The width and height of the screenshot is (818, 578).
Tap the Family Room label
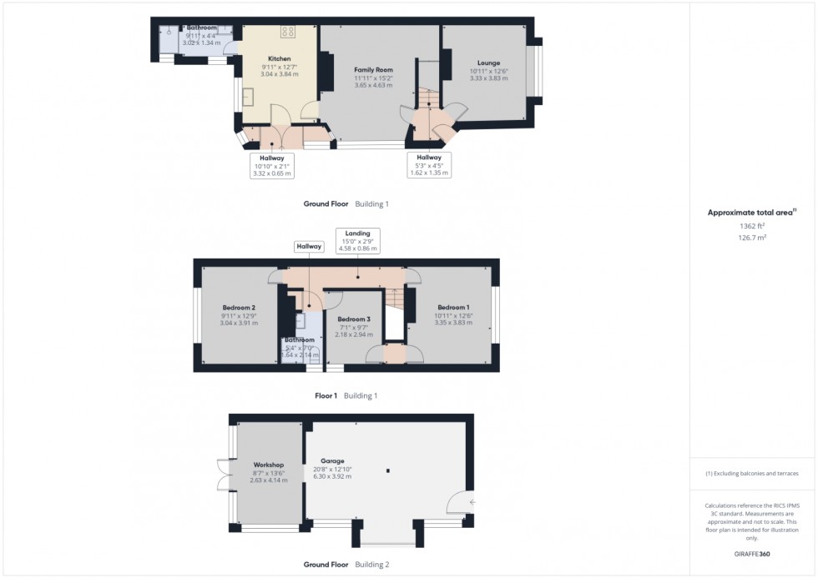click(373, 69)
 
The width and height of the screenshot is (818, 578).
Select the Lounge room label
click(488, 63)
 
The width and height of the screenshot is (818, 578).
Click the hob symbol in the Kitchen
click(289, 32)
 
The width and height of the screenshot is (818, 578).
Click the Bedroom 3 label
click(354, 319)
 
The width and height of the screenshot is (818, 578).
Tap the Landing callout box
click(357, 240)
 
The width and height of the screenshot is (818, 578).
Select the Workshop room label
click(270, 465)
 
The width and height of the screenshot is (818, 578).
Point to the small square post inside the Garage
click(388, 471)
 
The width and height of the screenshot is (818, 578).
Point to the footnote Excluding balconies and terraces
click(751, 473)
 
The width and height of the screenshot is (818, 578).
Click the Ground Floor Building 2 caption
click(346, 565)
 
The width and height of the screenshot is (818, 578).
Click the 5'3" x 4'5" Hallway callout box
click(428, 164)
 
